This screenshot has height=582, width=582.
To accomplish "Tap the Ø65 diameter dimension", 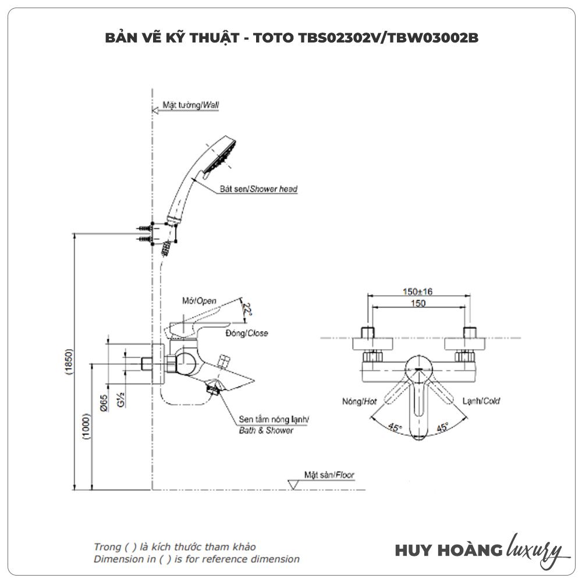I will (x=103, y=403).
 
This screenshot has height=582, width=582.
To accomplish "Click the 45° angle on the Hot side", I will (x=395, y=428).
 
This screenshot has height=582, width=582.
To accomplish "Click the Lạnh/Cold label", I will (x=481, y=401).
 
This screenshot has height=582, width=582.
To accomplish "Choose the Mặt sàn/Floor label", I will (x=329, y=475).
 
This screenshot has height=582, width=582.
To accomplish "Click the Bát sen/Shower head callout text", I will (x=258, y=189).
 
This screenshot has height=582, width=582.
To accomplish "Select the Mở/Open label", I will (x=199, y=301).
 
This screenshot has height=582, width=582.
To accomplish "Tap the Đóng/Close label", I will (x=246, y=333).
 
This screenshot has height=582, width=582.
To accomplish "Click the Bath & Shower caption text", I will (x=267, y=431).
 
